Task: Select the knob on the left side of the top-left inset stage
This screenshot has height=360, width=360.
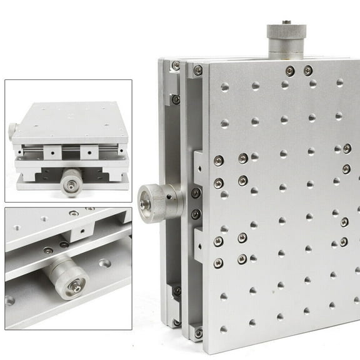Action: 12,131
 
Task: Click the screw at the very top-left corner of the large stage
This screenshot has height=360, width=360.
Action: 176,66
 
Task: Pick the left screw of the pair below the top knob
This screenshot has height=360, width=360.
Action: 289,71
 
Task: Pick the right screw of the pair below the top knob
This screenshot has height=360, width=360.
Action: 307,71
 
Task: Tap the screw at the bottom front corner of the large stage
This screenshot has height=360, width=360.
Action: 198,333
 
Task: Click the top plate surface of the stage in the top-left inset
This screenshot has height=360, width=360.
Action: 69,116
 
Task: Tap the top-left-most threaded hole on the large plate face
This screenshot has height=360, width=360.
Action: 224,87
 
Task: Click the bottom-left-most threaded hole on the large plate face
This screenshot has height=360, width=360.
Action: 224,329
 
